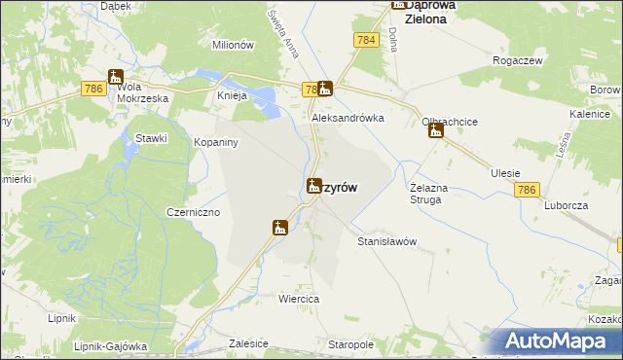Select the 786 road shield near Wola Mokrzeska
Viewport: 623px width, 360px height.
click(x=93, y=88)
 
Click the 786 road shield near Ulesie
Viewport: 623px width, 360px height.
click(x=528, y=191)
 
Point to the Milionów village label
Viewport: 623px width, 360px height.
click(x=233, y=45)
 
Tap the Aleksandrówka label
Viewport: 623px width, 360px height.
click(x=348, y=118)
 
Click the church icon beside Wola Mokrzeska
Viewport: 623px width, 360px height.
click(x=116, y=79)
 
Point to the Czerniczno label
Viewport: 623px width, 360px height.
click(x=194, y=212)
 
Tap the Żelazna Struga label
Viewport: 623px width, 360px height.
click(x=426, y=194)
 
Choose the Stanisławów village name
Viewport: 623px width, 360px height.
click(x=387, y=240)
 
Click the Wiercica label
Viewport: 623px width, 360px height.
click(x=300, y=300)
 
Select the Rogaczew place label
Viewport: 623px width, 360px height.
click(x=518, y=60)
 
